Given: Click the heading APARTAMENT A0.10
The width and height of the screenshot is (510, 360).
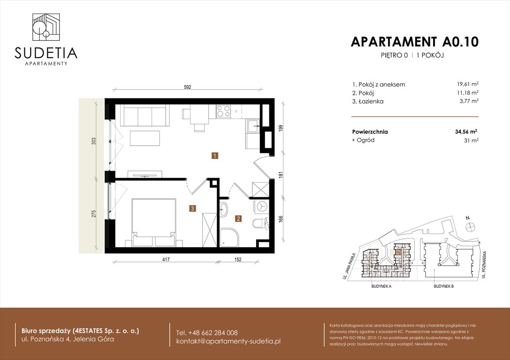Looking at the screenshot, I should click(x=414, y=42).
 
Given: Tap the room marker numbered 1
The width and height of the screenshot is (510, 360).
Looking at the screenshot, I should click(x=214, y=156).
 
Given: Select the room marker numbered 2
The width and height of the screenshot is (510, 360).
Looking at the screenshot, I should click(x=238, y=218).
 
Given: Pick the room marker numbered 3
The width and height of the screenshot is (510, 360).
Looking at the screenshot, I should click(x=192, y=209).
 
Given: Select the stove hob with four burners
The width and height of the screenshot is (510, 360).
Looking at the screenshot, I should click(x=223, y=111).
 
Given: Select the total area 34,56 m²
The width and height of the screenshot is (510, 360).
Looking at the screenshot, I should click(x=466, y=132).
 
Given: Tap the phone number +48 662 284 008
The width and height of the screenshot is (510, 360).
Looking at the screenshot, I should click(x=207, y=332).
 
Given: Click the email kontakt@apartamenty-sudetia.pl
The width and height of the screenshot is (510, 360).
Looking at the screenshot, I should click(x=228, y=341).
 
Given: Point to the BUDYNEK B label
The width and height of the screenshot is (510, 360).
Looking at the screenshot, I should click(x=443, y=286).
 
